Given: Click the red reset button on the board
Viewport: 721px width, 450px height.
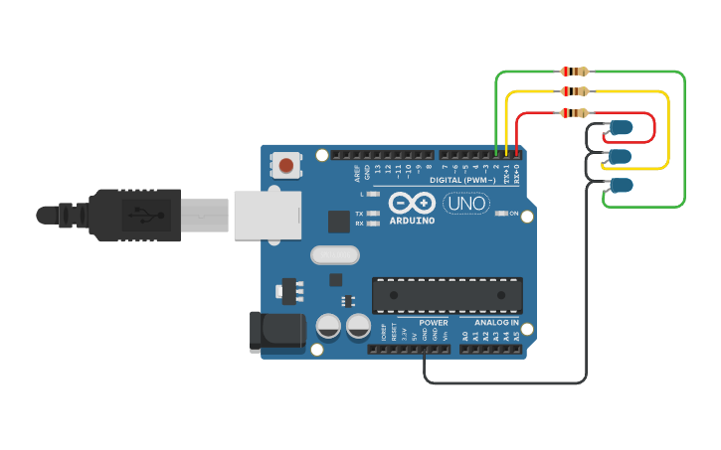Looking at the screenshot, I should (286, 165).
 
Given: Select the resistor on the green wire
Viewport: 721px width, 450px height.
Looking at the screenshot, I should (575, 72).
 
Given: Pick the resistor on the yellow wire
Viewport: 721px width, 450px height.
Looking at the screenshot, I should (575, 91).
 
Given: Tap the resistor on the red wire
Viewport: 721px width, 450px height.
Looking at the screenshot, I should (575, 112).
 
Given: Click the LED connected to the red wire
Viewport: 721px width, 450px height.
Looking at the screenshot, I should (622, 127).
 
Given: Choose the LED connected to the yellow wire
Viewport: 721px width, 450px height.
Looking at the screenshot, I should (620, 156).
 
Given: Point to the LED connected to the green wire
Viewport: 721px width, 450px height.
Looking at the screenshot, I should (622, 185).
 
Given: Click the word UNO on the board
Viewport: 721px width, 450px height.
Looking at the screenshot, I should (465, 204).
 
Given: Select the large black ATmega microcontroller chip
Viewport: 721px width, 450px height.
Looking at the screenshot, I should (447, 295).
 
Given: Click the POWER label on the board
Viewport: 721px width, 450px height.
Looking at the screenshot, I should (434, 323).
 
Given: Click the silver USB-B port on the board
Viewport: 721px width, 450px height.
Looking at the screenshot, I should (267, 216).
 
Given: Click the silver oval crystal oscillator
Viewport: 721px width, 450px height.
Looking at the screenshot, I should (334, 255).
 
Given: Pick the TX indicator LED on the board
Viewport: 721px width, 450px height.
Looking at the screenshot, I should (372, 214).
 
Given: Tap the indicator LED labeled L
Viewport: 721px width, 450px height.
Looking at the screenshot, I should (372, 194).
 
